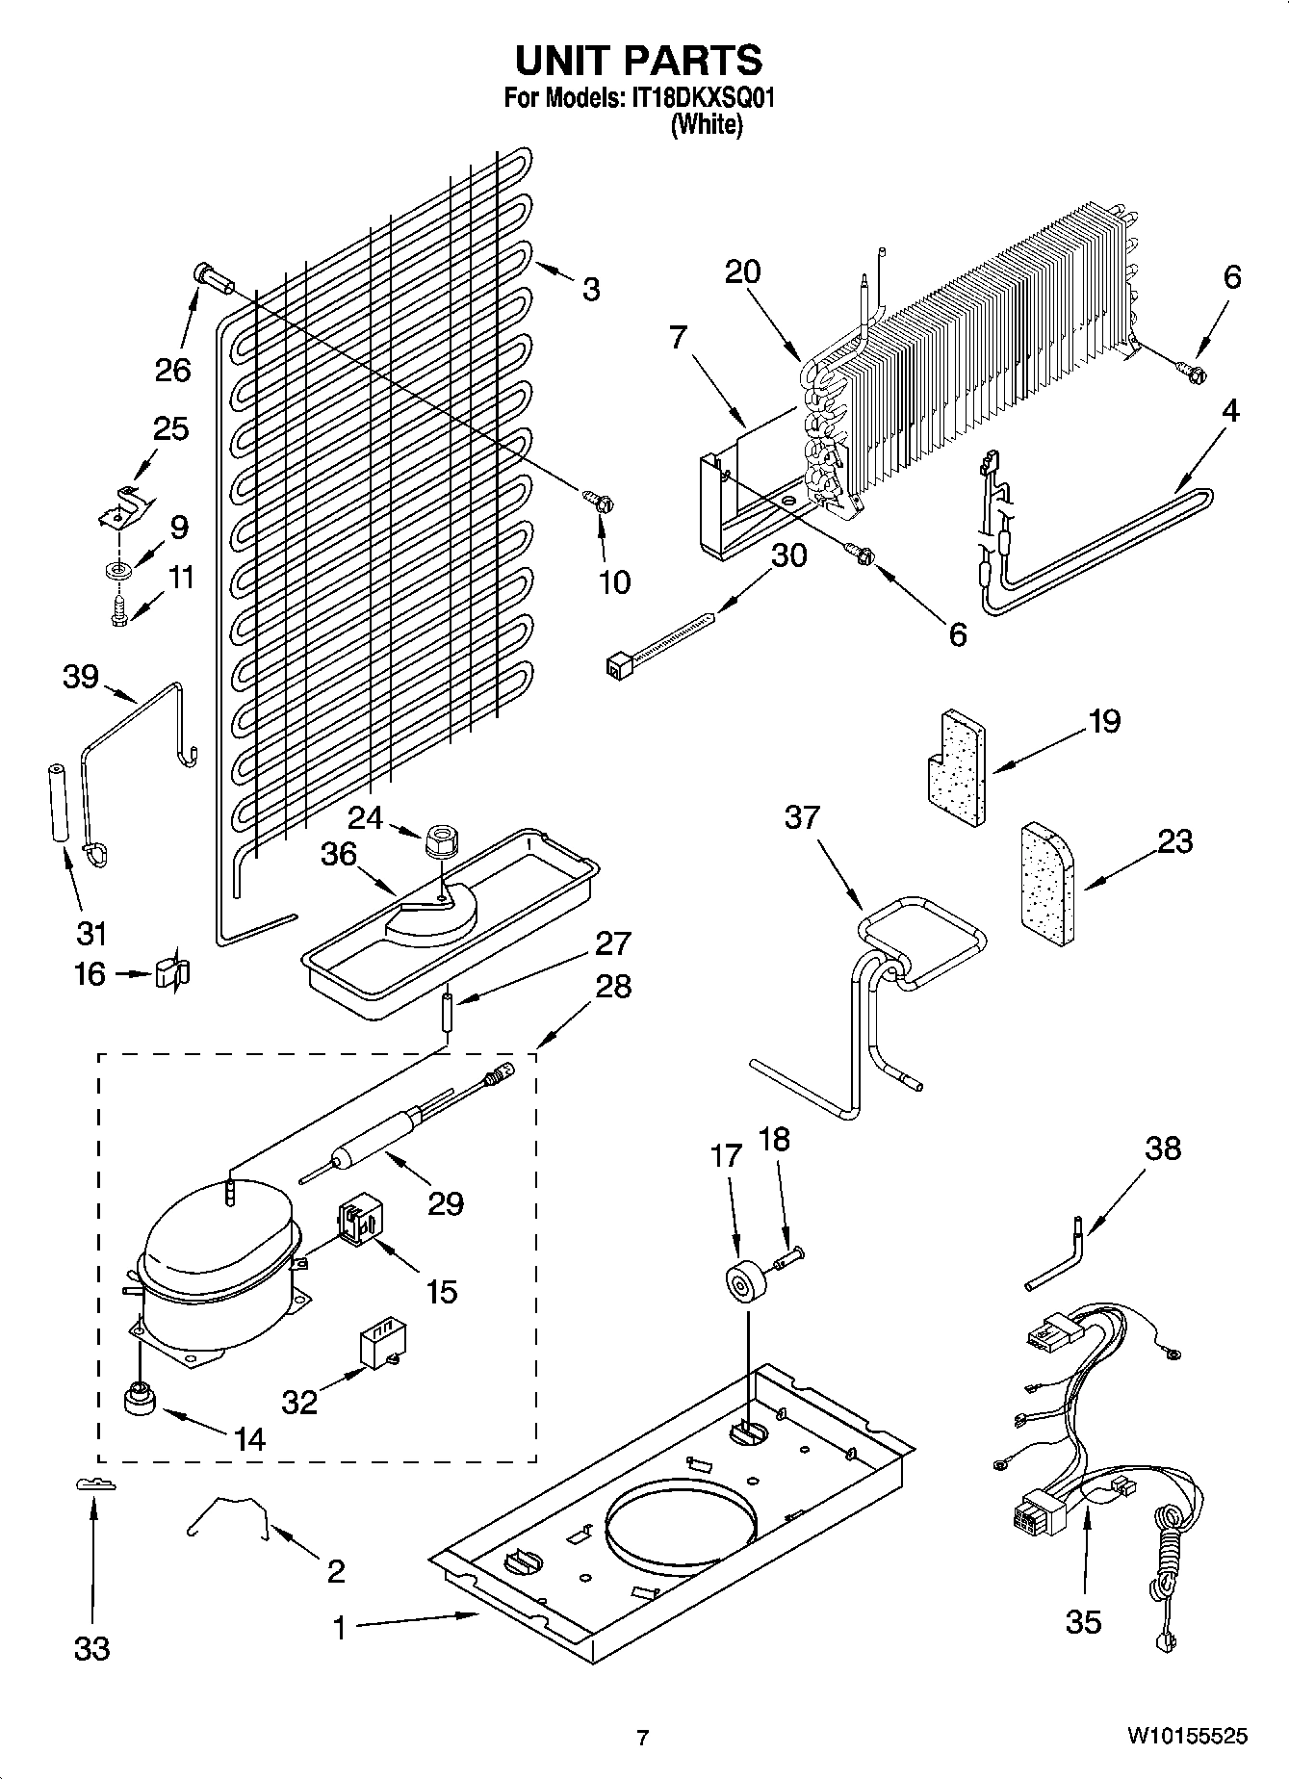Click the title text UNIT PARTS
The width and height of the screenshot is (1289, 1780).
(638, 61)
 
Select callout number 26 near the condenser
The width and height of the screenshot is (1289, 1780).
(173, 370)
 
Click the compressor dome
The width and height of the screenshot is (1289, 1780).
(215, 1239)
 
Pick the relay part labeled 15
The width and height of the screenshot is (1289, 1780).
(358, 1222)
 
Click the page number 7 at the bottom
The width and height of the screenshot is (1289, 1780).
(643, 1738)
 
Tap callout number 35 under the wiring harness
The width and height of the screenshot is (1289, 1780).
(1083, 1622)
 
